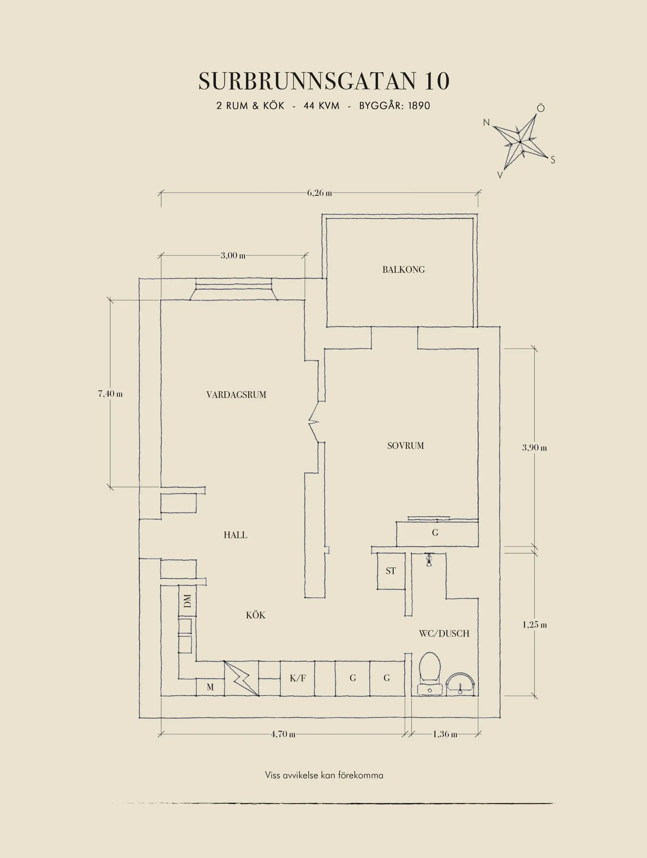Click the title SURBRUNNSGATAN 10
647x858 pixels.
pyautogui.click(x=324, y=81)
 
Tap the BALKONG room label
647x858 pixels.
pyautogui.click(x=403, y=269)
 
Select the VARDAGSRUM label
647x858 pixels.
pyautogui.click(x=236, y=395)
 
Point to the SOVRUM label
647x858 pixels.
pyautogui.click(x=405, y=446)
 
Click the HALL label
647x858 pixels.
pyautogui.click(x=235, y=535)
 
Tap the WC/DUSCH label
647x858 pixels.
pyautogui.click(x=444, y=633)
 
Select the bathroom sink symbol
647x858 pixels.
pyautogui.click(x=460, y=684)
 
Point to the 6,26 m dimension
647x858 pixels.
pyautogui.click(x=319, y=193)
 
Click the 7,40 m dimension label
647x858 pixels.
pyautogui.click(x=111, y=394)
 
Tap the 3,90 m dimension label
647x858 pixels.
pyautogui.click(x=534, y=448)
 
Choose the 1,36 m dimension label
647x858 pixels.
pyautogui.click(x=445, y=734)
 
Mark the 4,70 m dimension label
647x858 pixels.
pyautogui.click(x=283, y=734)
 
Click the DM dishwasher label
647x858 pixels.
pyautogui.click(x=187, y=601)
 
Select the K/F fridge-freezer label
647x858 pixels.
pyautogui.click(x=298, y=678)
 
